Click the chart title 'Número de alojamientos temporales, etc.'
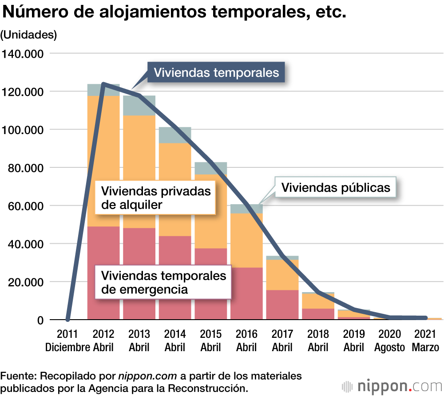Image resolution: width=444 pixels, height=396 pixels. (x=174, y=12)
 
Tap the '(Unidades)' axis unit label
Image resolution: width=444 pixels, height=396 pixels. (x=29, y=35)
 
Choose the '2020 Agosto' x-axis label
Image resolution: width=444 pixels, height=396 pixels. (x=389, y=341)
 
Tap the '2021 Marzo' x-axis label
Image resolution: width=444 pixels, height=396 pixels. (x=425, y=341)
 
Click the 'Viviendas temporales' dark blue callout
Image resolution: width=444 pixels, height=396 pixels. (x=216, y=72)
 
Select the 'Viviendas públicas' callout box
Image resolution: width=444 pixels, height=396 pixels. (x=336, y=187)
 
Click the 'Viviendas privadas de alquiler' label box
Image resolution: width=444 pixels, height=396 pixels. (x=155, y=198)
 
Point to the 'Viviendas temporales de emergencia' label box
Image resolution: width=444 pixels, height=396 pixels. (x=163, y=282)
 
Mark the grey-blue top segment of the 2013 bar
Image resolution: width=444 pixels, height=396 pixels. (x=139, y=105)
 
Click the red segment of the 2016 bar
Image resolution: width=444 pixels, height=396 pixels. (x=246, y=293)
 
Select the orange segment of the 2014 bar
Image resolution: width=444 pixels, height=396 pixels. (x=175, y=189)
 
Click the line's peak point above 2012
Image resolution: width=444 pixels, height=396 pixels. (x=103, y=83)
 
